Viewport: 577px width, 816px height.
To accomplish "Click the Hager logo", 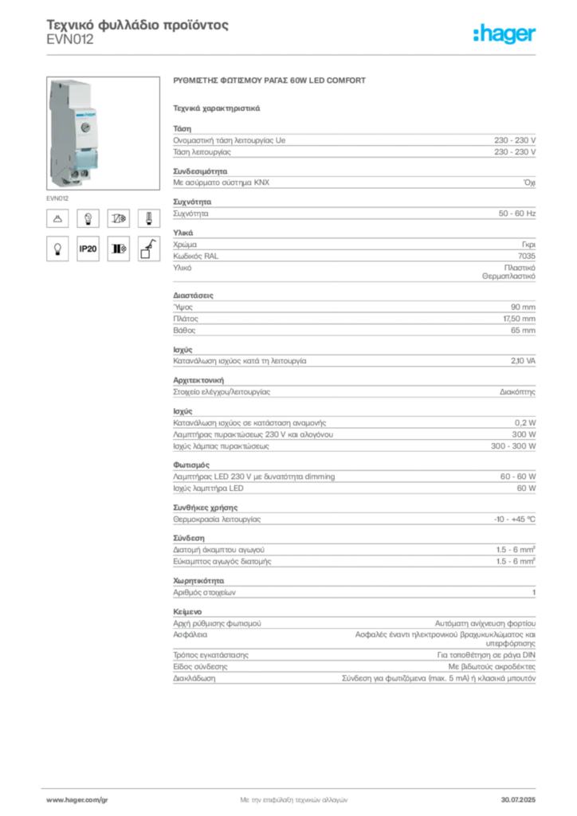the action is [x=504, y=33].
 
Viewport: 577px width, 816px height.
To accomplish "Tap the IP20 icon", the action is [x=88, y=249].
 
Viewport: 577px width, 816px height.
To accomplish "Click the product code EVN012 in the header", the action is [x=69, y=40].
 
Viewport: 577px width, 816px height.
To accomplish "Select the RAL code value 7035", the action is [x=527, y=256].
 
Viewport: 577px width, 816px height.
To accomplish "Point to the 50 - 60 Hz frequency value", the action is [x=516, y=214].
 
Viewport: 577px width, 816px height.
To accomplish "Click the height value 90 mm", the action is [x=523, y=307].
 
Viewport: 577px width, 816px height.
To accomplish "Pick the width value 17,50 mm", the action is [x=519, y=319].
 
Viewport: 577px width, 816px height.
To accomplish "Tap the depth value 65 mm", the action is [x=523, y=331].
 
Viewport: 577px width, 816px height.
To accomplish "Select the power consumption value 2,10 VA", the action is [x=523, y=361].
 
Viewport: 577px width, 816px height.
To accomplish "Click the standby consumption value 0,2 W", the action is [x=525, y=423].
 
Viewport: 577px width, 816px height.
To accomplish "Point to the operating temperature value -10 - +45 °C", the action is [x=514, y=520].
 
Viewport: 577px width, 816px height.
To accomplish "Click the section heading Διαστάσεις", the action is [x=193, y=296].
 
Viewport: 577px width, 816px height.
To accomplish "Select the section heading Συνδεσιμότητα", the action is [x=200, y=171].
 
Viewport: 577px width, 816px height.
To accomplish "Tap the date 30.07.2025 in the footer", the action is [x=518, y=800].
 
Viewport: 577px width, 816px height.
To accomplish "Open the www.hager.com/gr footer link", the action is [x=77, y=800].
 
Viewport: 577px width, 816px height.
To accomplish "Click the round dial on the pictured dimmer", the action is [x=86, y=127].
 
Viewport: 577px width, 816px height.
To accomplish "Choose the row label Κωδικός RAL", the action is [x=195, y=256].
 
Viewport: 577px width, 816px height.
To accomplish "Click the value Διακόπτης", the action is [x=517, y=392].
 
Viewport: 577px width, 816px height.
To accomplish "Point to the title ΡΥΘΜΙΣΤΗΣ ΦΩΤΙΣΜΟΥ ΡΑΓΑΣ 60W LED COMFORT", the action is [x=269, y=80].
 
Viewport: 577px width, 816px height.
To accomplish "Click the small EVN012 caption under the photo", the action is [x=57, y=198].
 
